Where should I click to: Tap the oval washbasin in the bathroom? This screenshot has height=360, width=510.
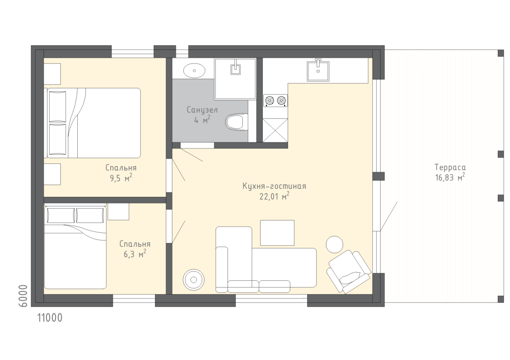[x=194, y=71]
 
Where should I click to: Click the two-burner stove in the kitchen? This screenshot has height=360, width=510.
[x=275, y=100]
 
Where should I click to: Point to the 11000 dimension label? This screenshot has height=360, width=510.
[x=50, y=318]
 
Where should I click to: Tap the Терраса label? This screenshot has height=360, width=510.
[x=450, y=167]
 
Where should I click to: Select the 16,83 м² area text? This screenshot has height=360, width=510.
[x=450, y=177]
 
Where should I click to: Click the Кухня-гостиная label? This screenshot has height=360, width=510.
[x=274, y=186]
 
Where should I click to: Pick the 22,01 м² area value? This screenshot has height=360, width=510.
[x=274, y=196]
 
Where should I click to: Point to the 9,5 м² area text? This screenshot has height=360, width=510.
[x=121, y=178]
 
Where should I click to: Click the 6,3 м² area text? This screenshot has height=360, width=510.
[x=135, y=254]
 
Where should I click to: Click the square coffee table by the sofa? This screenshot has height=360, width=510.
[x=277, y=233]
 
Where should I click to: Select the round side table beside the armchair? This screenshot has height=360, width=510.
[x=335, y=244]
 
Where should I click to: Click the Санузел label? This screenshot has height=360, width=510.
[x=202, y=110]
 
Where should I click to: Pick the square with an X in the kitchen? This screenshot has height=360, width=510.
[x=275, y=130]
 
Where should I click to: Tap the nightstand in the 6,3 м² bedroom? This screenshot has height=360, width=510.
[x=118, y=211]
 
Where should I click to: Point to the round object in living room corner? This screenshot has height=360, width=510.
[x=193, y=280]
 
